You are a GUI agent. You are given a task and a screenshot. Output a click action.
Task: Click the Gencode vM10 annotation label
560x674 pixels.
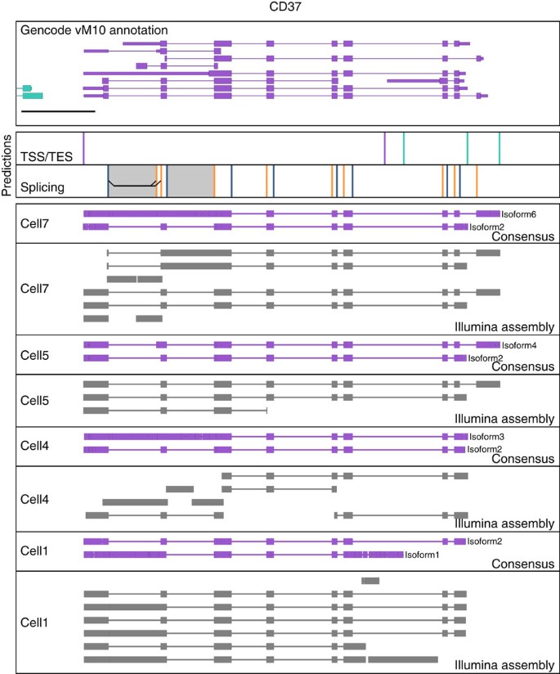click(96, 29)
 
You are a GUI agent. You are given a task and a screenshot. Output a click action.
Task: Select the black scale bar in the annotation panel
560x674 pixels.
click(58, 110)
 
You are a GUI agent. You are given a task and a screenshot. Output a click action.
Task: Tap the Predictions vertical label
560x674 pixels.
click(7, 164)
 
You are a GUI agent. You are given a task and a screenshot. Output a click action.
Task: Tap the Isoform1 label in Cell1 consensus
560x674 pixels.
click(423, 555)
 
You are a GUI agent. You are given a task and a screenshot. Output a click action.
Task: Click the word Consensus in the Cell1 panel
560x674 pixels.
click(523, 564)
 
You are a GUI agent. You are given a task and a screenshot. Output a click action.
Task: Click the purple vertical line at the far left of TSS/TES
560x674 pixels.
click(83, 148)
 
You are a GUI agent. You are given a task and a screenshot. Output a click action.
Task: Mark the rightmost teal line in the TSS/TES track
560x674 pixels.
click(500, 148)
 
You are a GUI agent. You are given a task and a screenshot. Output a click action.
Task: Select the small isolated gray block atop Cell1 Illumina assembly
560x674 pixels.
click(370, 580)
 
